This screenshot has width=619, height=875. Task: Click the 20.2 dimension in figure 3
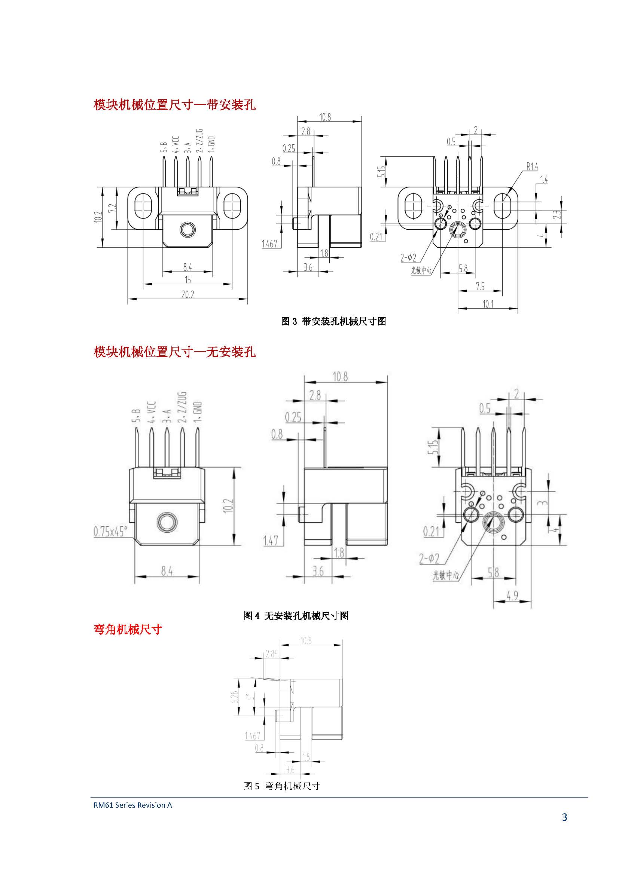[187, 294]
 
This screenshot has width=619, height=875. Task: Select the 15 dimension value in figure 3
[187, 280]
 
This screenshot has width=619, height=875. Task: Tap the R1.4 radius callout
[532, 166]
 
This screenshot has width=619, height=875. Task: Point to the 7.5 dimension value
[480, 286]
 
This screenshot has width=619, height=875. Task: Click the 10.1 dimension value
[488, 304]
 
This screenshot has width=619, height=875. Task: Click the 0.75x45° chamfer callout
[110, 531]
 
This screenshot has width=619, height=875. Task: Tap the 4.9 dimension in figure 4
[513, 595]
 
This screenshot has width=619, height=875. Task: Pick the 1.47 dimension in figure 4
[271, 541]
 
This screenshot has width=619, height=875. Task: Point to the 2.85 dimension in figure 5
[272, 654]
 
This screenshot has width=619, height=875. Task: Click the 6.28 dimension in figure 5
[235, 697]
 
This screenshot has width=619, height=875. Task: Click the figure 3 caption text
[333, 321]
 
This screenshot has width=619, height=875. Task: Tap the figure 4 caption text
[296, 615]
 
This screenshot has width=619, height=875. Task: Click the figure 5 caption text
[282, 786]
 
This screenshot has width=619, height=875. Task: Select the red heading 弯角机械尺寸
[128, 629]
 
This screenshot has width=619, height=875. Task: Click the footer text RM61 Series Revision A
[132, 805]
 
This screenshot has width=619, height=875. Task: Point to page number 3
[564, 817]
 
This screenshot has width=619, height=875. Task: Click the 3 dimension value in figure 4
[544, 503]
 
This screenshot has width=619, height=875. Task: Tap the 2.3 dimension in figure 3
[557, 215]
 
